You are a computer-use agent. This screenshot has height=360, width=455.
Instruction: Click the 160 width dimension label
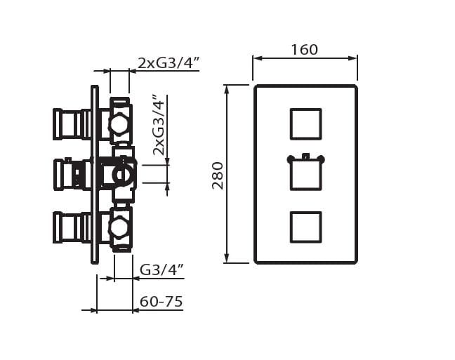click(x=305, y=50)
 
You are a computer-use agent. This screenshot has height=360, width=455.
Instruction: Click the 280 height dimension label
click(x=218, y=176)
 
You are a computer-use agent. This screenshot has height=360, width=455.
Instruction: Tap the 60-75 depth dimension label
click(x=161, y=301)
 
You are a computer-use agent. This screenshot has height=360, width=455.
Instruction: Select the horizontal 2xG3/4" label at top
click(x=169, y=63)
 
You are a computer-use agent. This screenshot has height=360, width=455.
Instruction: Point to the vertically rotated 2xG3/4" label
click(x=159, y=125)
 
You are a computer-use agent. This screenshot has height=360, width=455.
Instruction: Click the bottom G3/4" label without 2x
click(x=162, y=269)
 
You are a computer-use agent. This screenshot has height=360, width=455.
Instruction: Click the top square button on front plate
click(x=306, y=124)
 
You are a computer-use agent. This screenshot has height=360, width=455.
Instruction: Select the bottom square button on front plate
click(x=306, y=227)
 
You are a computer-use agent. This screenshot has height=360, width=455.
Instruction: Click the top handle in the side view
click(x=72, y=124)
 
